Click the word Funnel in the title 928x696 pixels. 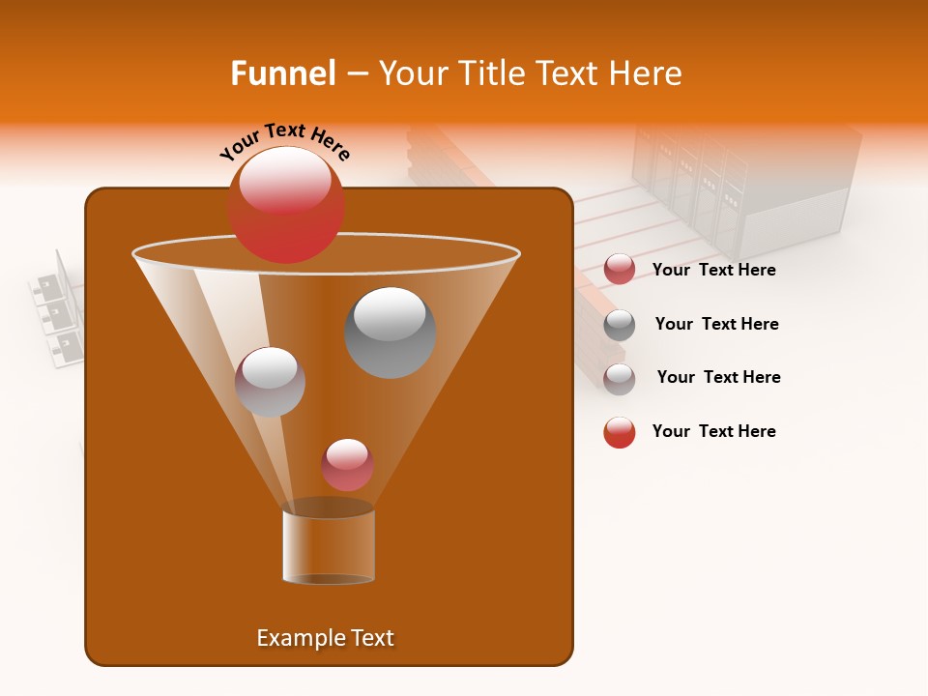(282, 73)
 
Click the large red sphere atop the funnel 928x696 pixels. (286, 204)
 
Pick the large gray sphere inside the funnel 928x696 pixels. (390, 332)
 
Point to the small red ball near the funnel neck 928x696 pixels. (348, 464)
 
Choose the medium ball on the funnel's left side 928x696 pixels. (270, 382)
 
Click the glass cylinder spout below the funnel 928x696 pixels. (329, 546)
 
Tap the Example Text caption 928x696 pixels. (325, 638)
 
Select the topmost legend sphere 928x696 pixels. (620, 270)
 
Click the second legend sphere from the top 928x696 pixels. (620, 325)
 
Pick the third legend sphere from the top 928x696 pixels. (620, 379)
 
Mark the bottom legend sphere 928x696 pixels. (620, 432)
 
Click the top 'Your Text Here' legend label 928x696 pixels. (713, 270)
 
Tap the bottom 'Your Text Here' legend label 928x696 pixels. (713, 431)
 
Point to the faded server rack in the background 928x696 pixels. (744, 184)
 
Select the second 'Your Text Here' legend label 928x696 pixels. (716, 324)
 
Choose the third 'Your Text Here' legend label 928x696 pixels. (718, 377)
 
